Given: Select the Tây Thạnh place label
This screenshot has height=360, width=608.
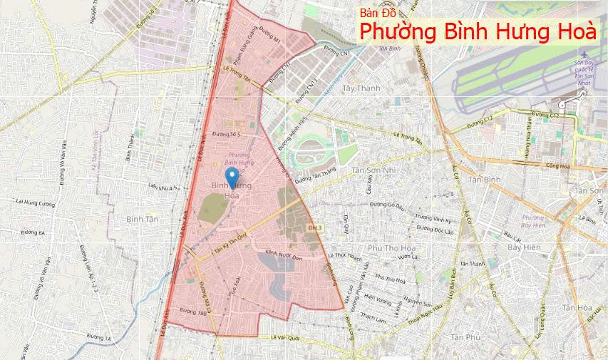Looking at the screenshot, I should coord(361,88).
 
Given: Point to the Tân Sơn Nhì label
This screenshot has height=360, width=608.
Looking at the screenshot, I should coord(373,170).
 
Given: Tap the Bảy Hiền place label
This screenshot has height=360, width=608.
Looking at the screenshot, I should coord(524,247).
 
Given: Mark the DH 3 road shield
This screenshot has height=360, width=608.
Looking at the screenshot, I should coord(315,227).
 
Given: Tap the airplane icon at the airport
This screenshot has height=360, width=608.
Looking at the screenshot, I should coord(585,54).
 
